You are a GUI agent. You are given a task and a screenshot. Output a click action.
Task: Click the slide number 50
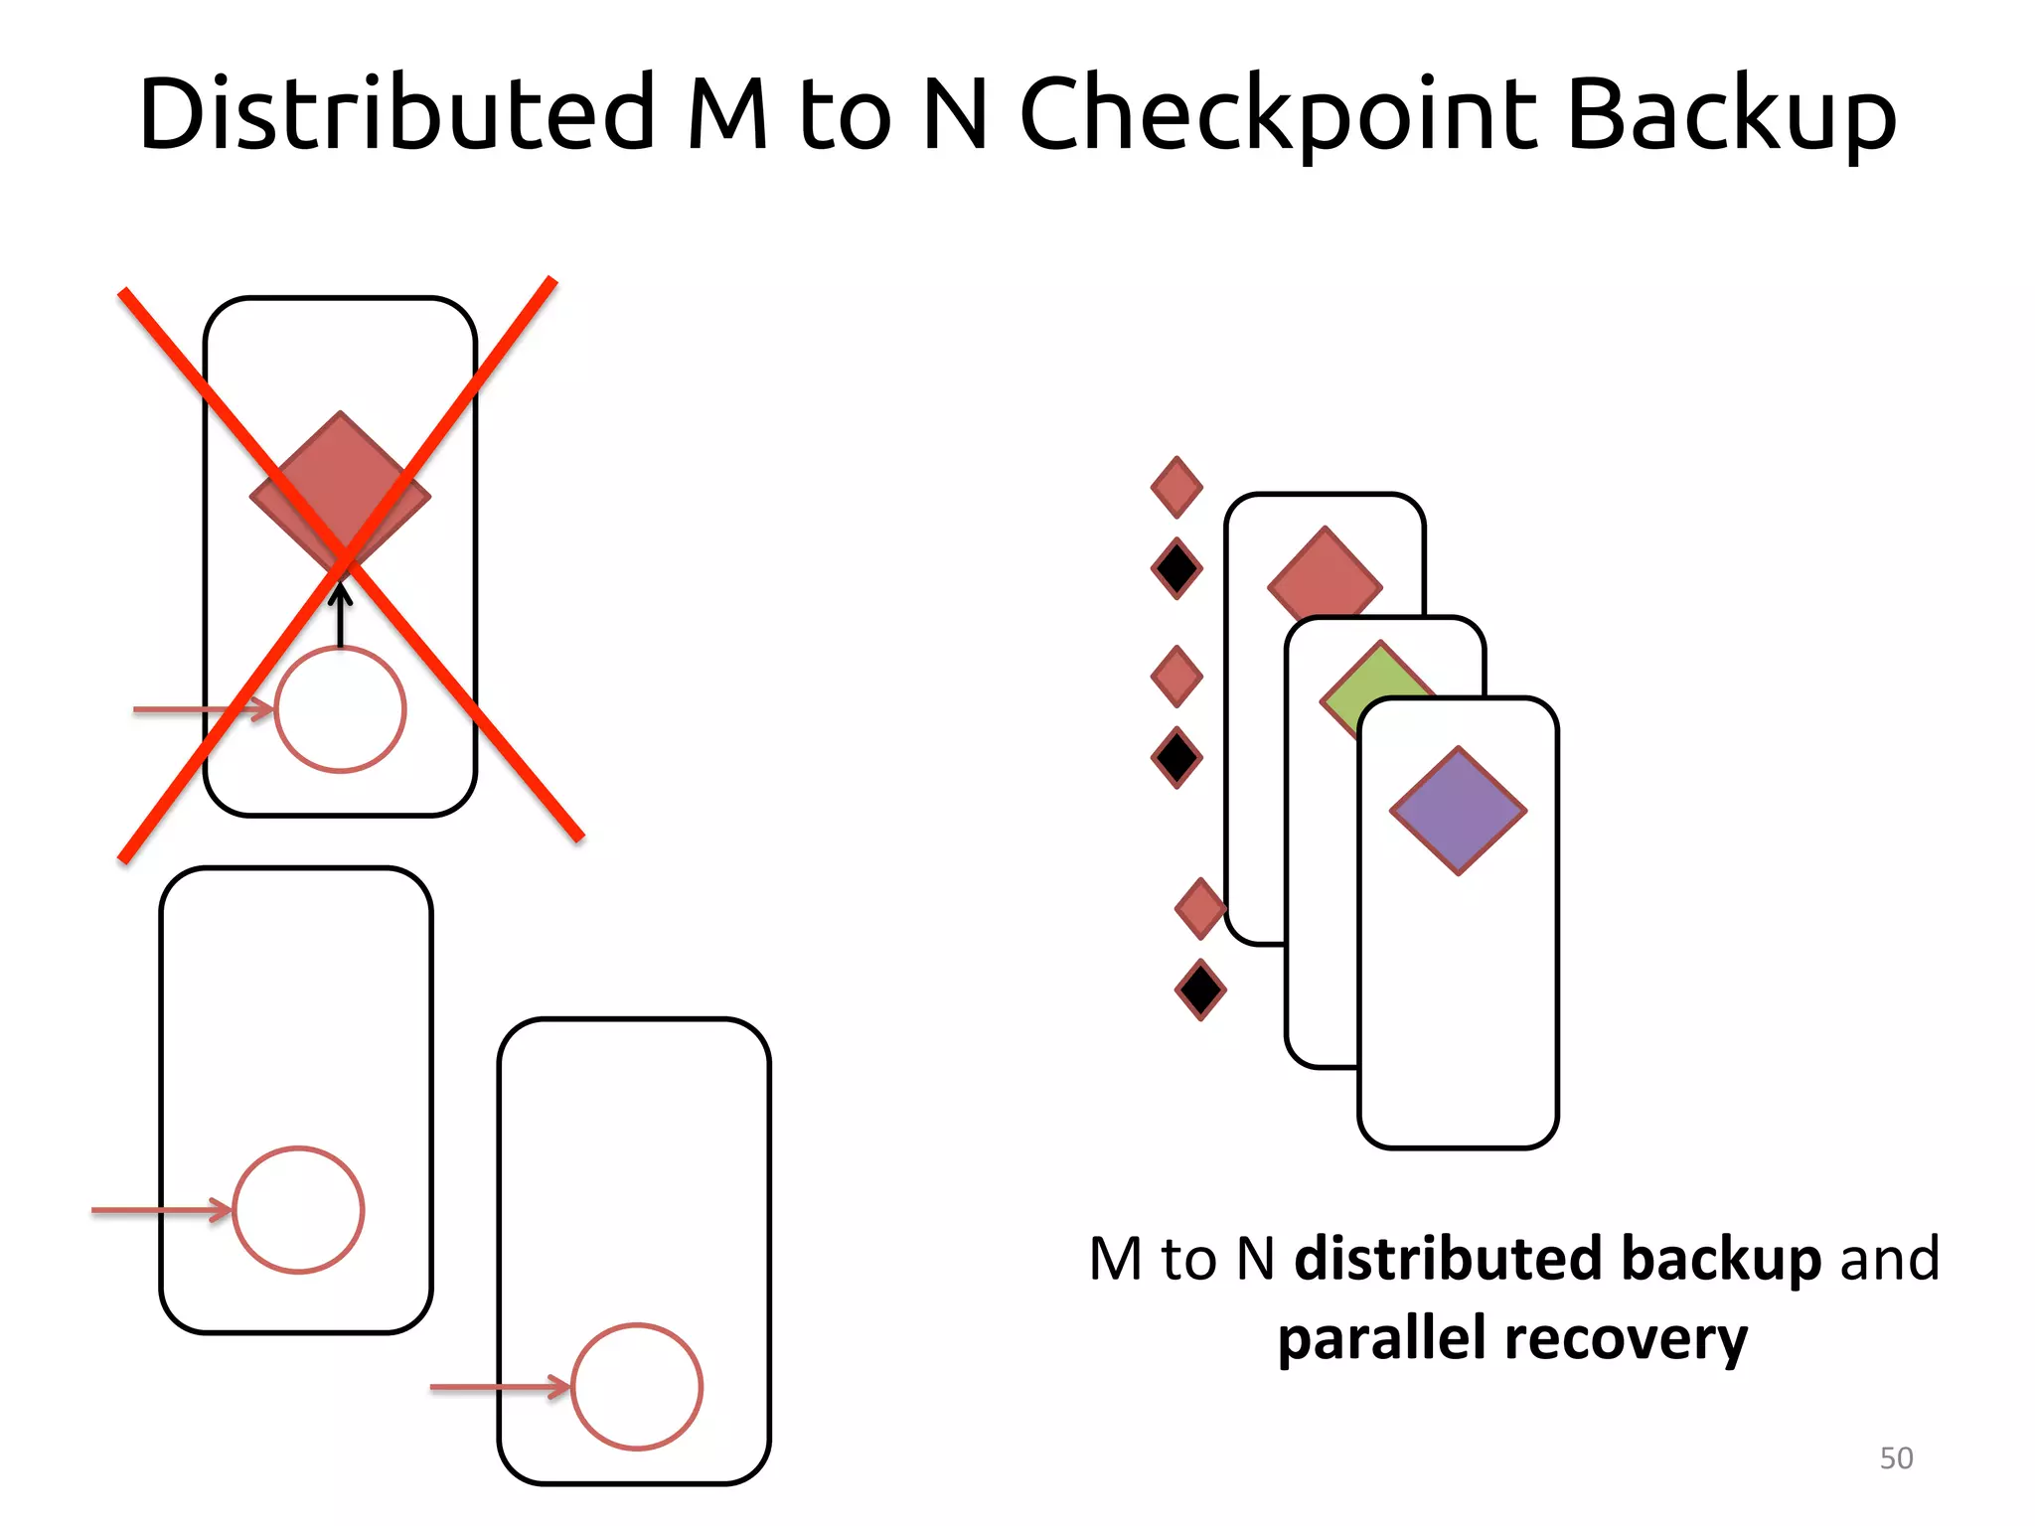tap(1896, 1458)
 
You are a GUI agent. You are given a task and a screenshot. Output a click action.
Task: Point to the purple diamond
tap(1458, 811)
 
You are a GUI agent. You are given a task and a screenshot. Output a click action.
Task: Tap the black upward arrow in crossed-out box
tap(341, 616)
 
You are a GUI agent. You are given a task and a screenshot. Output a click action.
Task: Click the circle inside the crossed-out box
tap(341, 709)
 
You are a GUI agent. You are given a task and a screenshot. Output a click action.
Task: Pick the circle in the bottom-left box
tap(298, 1210)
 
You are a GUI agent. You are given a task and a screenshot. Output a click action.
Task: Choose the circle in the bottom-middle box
tap(637, 1387)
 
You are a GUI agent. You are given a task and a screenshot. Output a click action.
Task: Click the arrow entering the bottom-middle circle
tap(497, 1387)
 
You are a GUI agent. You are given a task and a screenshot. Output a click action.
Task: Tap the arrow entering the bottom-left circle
tap(159, 1210)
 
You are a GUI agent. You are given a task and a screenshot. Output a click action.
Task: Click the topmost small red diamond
tap(1176, 488)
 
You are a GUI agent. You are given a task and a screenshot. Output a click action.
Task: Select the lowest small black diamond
tap(1200, 990)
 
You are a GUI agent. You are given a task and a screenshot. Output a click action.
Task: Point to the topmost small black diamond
tap(1176, 569)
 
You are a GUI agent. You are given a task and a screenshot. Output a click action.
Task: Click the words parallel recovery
tap(1512, 1339)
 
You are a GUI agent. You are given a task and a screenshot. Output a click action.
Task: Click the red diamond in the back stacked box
tap(1324, 571)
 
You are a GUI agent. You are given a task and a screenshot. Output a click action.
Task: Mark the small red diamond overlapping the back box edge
tap(1199, 908)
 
